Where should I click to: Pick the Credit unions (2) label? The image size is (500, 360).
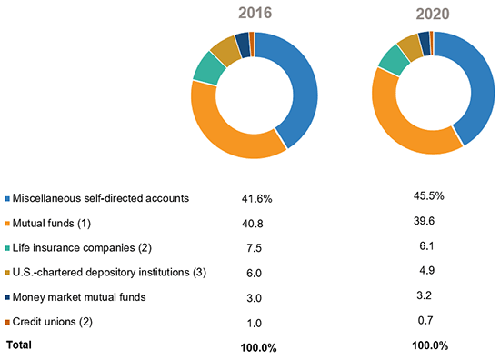click(55, 321)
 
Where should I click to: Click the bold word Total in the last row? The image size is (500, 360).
click(21, 345)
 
